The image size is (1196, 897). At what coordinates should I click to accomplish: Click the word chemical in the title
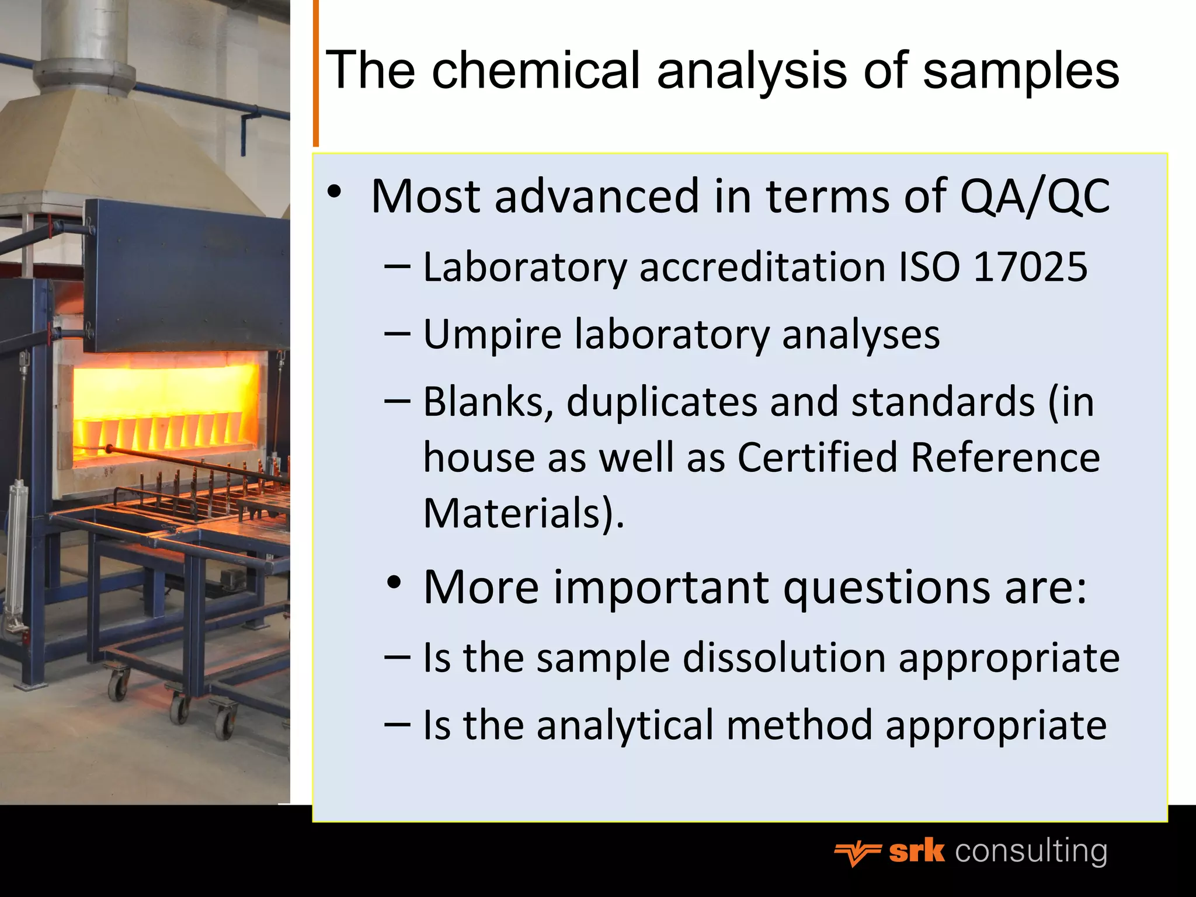(x=536, y=70)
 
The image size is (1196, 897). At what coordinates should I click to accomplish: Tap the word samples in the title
(x=1021, y=71)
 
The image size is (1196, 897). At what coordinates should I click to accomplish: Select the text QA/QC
(x=1034, y=197)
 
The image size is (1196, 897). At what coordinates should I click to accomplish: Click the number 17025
(x=1030, y=267)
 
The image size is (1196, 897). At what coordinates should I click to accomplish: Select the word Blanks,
(x=489, y=403)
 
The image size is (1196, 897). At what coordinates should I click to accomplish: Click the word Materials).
(x=524, y=513)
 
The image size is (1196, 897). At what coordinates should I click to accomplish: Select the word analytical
(x=625, y=726)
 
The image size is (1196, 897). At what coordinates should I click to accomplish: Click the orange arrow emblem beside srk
(x=857, y=854)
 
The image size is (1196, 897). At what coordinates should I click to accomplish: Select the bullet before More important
(x=394, y=583)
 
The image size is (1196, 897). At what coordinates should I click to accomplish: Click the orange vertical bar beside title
(x=316, y=73)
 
